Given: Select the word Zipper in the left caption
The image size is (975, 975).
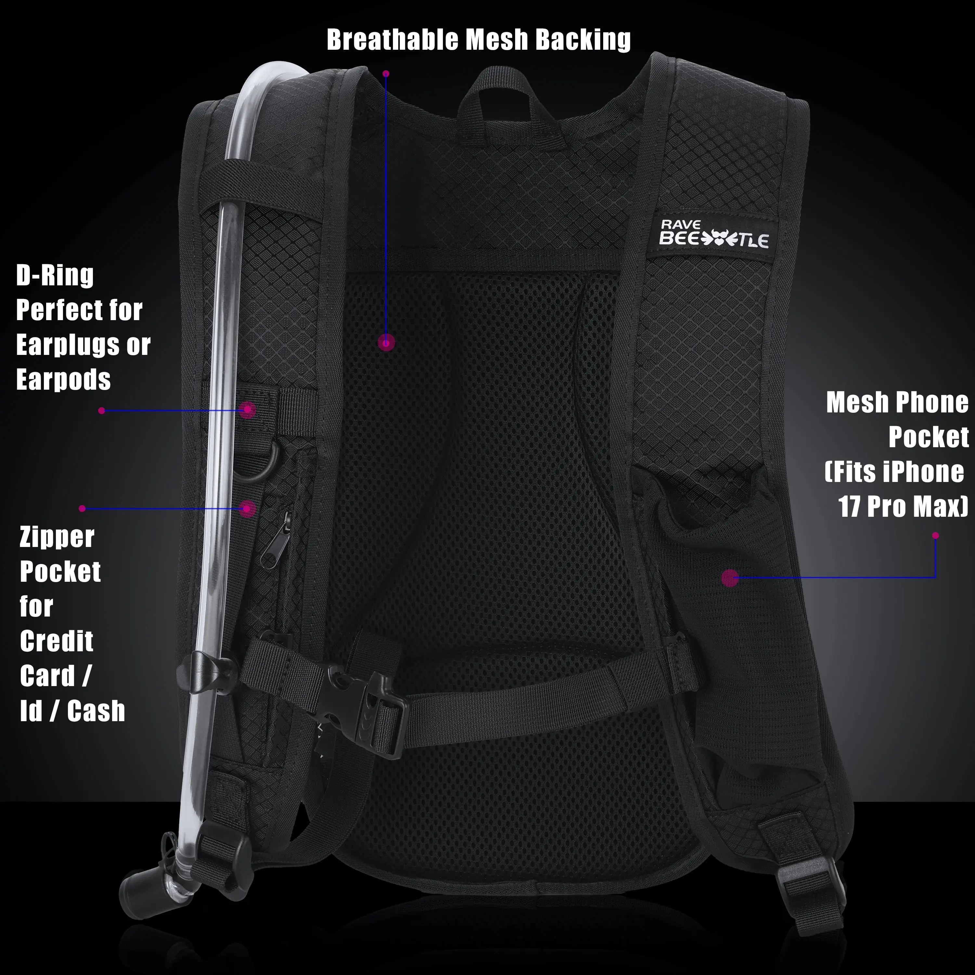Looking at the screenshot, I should (57, 538).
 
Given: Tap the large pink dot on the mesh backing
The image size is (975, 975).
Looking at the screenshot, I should (386, 343).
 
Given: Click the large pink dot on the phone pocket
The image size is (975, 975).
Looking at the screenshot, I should (730, 578).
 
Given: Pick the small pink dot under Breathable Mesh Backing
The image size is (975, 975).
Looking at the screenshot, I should (386, 74).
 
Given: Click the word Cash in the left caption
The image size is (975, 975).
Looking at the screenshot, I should (96, 711).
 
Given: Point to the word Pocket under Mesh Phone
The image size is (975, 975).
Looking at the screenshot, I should (928, 437).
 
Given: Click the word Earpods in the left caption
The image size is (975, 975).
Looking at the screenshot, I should (63, 380).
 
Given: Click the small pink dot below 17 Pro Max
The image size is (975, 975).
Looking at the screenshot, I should (935, 536).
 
